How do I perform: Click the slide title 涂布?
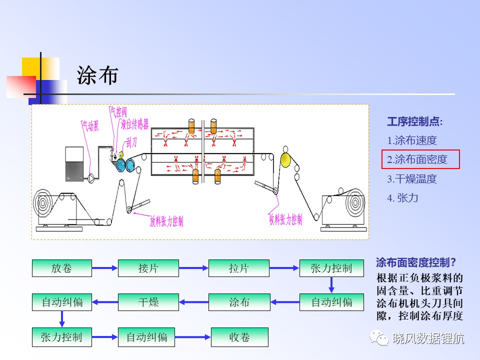point(97,75)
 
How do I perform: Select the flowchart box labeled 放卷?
point(62,268)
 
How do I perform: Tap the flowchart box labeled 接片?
point(148,268)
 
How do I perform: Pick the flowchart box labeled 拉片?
point(239,268)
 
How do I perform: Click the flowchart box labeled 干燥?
point(148,302)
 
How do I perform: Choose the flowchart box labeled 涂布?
point(239,302)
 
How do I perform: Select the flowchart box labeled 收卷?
point(239,337)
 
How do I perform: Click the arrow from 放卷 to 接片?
point(105,268)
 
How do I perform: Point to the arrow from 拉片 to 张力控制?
point(284,268)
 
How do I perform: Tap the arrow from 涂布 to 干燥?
point(194,302)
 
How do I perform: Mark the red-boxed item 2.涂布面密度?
point(420,159)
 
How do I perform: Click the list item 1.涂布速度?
point(411,140)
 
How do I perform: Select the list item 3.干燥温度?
point(411,179)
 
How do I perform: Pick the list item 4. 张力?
point(402,198)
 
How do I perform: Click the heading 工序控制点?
point(415,121)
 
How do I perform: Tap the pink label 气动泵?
point(90,125)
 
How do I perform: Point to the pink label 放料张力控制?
point(166,220)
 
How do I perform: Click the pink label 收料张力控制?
point(285,219)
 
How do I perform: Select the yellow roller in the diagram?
point(285,160)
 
